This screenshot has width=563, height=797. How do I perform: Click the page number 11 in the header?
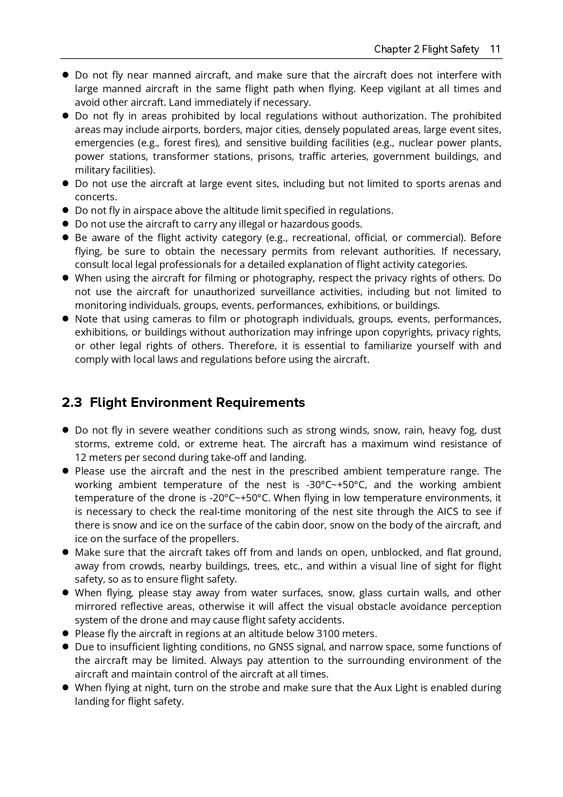coord(495,49)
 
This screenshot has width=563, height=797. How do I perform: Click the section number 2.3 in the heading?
coord(72,403)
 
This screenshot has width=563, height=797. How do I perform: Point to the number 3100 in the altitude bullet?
coord(328,634)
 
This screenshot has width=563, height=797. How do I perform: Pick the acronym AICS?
coord(448,512)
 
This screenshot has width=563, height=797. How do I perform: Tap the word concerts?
coord(96,197)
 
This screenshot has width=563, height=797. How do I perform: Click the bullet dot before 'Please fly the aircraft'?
coord(65,634)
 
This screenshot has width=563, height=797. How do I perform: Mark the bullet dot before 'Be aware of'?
coord(65,238)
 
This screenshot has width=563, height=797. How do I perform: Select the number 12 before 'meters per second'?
coord(80,457)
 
